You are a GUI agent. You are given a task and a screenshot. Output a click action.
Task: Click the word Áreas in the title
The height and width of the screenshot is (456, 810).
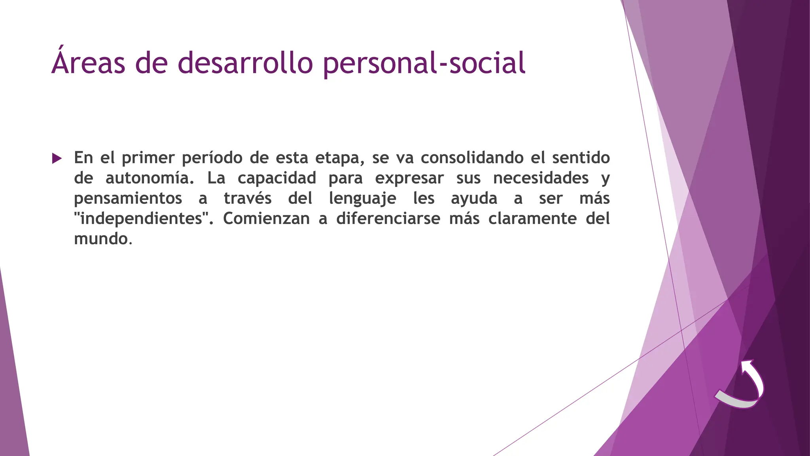pyautogui.click(x=88, y=63)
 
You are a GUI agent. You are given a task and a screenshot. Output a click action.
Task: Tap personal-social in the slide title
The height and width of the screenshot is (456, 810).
pyautogui.click(x=424, y=63)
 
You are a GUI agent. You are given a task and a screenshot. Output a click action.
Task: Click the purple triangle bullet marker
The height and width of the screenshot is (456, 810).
pyautogui.click(x=57, y=159)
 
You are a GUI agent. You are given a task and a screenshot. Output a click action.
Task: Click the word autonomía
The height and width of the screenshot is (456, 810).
pyautogui.click(x=150, y=178)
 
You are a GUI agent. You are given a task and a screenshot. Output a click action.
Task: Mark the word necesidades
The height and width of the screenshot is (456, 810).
pyautogui.click(x=541, y=178)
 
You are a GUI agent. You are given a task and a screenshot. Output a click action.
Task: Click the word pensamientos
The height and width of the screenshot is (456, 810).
pyautogui.click(x=128, y=198)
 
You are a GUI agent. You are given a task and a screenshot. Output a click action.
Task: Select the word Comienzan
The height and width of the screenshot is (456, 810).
pyautogui.click(x=266, y=218)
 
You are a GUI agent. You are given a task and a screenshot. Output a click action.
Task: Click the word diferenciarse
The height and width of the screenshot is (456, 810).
pyautogui.click(x=388, y=218)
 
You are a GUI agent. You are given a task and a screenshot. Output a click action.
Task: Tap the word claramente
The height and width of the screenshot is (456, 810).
pyautogui.click(x=532, y=218)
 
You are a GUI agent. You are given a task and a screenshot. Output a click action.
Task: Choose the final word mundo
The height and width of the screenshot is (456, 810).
pyautogui.click(x=101, y=239)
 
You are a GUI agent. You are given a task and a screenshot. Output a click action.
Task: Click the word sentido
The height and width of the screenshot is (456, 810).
pyautogui.click(x=581, y=158)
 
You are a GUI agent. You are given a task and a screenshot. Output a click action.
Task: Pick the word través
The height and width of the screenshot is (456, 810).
pyautogui.click(x=248, y=198)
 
